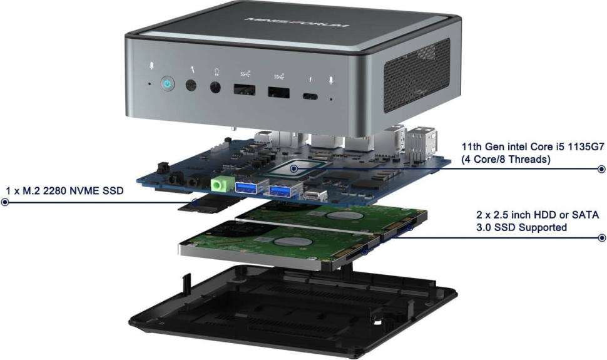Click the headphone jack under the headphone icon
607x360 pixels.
click(x=217, y=87)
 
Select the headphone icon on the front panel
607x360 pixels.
click(x=217, y=71)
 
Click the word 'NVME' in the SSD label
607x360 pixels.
click(x=79, y=191)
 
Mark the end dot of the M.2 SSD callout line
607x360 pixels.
click(x=5, y=202)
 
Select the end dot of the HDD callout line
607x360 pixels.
click(x=601, y=238)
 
